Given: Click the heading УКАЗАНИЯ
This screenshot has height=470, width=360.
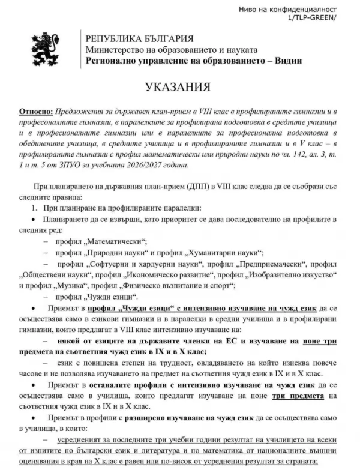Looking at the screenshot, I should coord(180,88).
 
